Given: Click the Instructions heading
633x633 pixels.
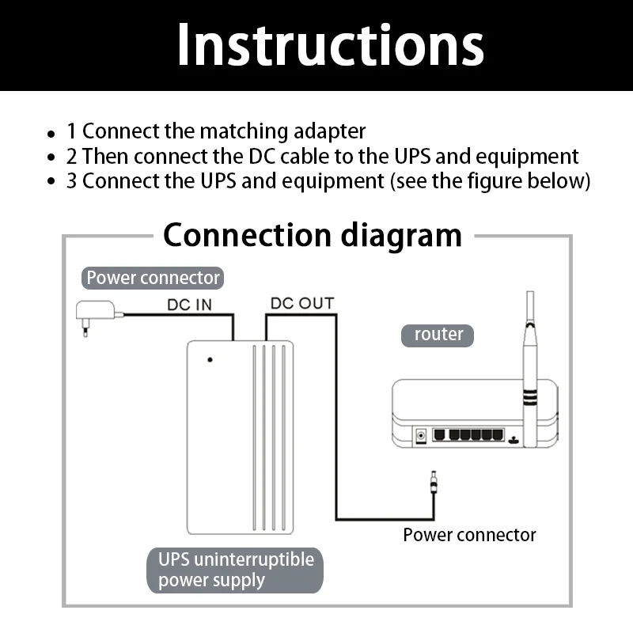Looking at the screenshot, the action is (x=330, y=44).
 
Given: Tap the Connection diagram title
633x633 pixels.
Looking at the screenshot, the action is (x=313, y=235).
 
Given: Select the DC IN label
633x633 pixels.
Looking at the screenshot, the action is (x=189, y=305).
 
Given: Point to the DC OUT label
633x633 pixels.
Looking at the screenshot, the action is (x=302, y=304).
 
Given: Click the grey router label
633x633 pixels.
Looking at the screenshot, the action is (x=438, y=335).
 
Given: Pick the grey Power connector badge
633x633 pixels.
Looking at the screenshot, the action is (x=153, y=278).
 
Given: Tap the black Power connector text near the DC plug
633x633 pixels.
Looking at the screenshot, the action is (x=469, y=535).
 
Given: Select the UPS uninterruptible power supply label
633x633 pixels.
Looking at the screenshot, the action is (x=235, y=570).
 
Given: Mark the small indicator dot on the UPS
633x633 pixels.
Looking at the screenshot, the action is (x=210, y=360).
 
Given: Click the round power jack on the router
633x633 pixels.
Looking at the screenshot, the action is (x=421, y=436).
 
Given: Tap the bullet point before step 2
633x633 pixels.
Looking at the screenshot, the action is (x=51, y=157).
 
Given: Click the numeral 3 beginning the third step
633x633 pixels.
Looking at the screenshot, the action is (x=72, y=181).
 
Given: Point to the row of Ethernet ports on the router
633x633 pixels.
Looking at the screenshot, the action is (x=468, y=434).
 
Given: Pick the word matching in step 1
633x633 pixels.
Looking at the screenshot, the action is (x=244, y=132).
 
